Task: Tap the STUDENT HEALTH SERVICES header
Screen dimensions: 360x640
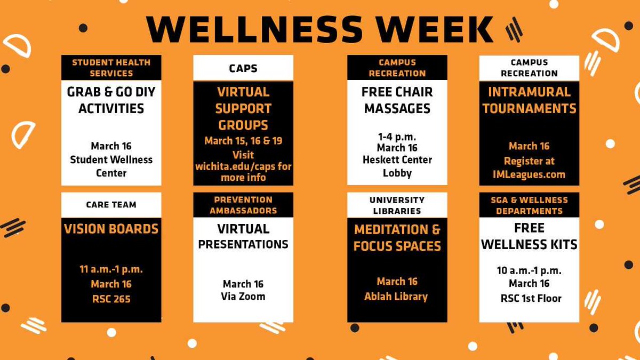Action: point(111,68)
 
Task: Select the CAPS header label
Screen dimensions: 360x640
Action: point(243,68)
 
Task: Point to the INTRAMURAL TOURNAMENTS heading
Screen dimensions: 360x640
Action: point(529,100)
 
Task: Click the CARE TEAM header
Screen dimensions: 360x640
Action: point(111,204)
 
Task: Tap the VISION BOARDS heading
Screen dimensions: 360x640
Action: point(111,229)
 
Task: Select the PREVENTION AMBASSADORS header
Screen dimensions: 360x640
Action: point(243,205)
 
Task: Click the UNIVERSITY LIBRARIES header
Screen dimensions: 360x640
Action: point(397,205)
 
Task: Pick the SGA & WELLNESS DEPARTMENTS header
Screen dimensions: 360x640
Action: point(529,205)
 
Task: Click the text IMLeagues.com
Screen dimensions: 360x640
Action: point(529,174)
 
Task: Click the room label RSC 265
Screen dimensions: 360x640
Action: point(111,299)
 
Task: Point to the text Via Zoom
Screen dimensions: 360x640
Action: point(243,297)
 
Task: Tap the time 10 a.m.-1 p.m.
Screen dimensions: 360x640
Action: point(529,270)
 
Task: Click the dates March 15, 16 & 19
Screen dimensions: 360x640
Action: point(243,141)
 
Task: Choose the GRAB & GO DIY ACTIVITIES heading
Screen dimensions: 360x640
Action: point(111,100)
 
